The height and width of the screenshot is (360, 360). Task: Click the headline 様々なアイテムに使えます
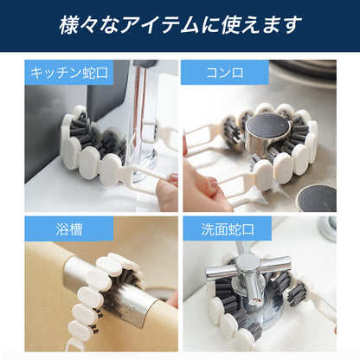pos(179,24)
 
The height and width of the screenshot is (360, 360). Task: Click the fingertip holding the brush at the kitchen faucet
pos(166,186)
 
